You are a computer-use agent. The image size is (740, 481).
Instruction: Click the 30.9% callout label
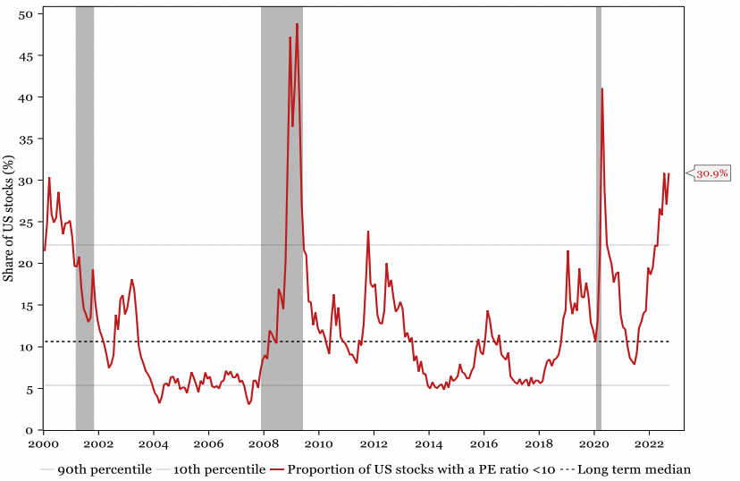712,173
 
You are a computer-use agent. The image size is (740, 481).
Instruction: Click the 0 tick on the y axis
29,430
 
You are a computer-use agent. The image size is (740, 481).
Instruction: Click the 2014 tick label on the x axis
429,444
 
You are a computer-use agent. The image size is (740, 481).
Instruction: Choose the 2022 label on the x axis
650,444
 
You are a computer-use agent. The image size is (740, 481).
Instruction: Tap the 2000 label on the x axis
43,444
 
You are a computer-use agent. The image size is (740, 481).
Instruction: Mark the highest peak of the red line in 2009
297,24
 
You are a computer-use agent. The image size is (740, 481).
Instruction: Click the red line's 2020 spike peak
602,89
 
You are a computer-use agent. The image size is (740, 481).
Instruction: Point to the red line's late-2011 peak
368,232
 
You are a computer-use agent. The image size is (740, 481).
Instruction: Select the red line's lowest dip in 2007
248,404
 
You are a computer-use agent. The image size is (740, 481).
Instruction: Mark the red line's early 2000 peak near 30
49,178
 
